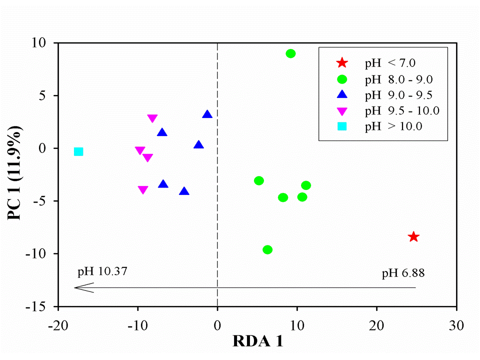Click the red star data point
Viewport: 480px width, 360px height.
413,236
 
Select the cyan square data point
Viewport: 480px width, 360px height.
78,151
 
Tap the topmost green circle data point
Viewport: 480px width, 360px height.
290,53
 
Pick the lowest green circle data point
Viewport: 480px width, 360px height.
267,249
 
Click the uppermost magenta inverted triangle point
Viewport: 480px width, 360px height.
152,118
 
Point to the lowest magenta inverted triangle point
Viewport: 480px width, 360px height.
143,190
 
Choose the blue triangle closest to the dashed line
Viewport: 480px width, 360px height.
207,114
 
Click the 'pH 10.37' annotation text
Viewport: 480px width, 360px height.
102,272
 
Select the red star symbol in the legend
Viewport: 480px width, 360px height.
342,63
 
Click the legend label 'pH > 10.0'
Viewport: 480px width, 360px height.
394,126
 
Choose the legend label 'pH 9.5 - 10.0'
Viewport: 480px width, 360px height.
402,110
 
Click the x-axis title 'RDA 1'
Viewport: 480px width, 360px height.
258,342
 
